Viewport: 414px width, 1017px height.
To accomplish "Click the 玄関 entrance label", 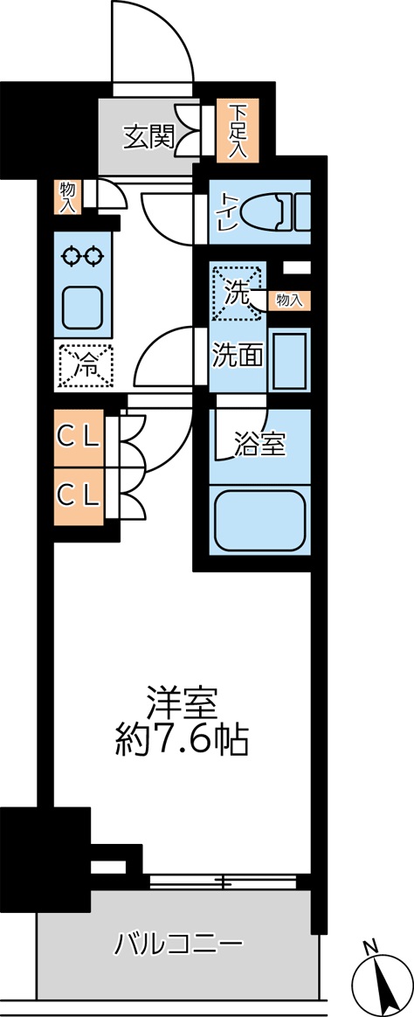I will click(x=147, y=138).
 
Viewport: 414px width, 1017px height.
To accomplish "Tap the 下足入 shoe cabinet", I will click(x=238, y=131).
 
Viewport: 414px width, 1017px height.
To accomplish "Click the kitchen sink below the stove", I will click(x=83, y=306).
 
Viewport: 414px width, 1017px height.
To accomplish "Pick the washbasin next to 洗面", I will click(x=288, y=360).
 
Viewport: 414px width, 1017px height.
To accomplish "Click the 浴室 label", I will click(x=259, y=445).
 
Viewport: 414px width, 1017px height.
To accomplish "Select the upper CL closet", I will click(x=79, y=433).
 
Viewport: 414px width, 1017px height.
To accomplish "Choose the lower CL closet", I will click(x=79, y=495).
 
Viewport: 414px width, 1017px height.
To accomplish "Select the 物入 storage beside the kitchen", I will click(x=67, y=197).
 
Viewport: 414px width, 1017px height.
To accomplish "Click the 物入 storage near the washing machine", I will click(x=288, y=300).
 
